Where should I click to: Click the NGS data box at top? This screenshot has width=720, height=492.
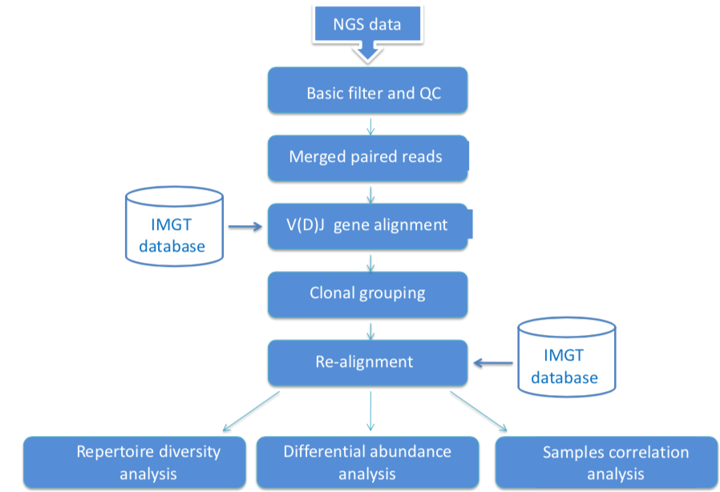(367, 25)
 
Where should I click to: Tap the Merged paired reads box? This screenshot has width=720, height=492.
(367, 157)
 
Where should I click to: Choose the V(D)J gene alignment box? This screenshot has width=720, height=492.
(367, 225)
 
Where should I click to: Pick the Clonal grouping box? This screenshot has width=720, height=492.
(367, 293)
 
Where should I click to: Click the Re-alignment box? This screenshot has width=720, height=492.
(367, 362)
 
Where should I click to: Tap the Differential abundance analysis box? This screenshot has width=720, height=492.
(367, 462)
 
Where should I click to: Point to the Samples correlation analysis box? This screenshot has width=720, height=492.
(605, 462)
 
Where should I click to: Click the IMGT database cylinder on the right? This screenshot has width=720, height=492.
(565, 356)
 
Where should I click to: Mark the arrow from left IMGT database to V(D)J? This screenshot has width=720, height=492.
(245, 227)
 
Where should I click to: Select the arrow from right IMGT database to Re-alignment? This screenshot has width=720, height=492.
(494, 363)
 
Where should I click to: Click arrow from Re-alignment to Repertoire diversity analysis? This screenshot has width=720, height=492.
(250, 411)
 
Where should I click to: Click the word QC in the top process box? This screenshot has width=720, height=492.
(431, 93)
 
